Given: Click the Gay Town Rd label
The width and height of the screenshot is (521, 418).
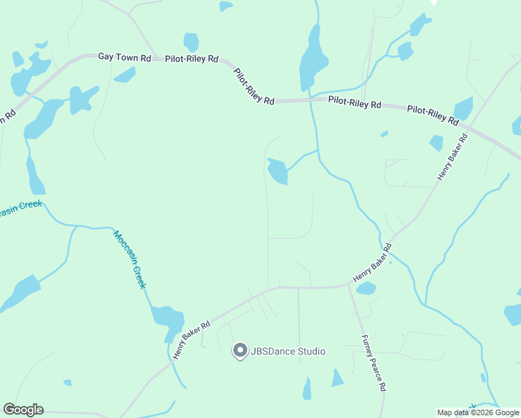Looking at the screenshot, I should pos(124,58).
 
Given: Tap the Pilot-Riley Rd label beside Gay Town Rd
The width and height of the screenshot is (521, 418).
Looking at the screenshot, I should pos(192,60).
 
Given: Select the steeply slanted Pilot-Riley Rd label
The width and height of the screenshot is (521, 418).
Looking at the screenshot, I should pos(254,86).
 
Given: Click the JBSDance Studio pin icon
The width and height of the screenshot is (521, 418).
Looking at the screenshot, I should pos(240,351).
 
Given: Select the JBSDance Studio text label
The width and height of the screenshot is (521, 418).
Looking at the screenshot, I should pos(288,352).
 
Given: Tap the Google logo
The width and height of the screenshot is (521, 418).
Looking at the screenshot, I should pos(23,410).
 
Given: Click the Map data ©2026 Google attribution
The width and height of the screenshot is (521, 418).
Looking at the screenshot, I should pos(479,412).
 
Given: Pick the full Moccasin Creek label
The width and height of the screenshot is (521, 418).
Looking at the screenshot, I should pos(130,259).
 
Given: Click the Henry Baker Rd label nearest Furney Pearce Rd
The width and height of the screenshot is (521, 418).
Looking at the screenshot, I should pos(373,262).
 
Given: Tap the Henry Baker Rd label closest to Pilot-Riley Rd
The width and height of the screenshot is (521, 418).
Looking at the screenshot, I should pos(452,157).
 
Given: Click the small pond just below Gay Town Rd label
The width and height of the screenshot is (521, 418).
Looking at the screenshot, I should pos(125,75).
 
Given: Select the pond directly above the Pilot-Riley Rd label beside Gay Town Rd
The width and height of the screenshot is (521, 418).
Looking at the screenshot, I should pos(191,42).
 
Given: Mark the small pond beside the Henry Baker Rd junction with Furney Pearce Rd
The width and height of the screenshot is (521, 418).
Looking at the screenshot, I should pos(366,288).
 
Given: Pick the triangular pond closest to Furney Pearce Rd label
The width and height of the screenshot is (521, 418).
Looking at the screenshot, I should pos(337,378).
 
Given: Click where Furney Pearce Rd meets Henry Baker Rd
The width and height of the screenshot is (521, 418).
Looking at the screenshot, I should pos(348,284).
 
